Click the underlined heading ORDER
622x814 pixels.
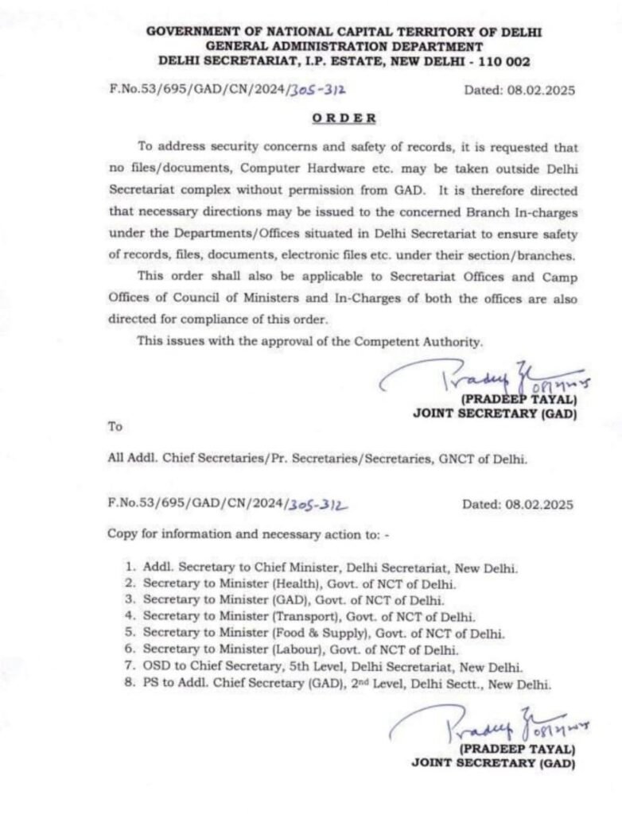343,118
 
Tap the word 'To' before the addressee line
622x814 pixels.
115,426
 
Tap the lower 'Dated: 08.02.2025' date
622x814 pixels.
519,504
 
